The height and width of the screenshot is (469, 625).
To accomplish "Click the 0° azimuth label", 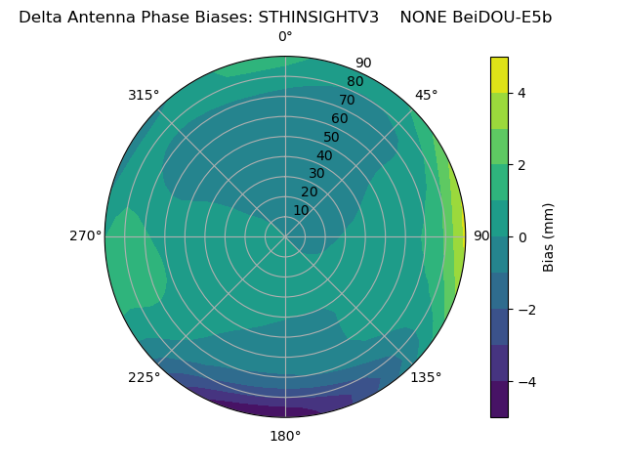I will tap(285, 37).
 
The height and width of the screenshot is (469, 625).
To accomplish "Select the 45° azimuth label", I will tap(427, 95).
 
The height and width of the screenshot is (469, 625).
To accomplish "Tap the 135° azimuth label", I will tap(426, 377).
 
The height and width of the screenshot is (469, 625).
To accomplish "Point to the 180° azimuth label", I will tap(285, 436).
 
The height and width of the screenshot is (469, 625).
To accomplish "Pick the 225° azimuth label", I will tap(144, 377).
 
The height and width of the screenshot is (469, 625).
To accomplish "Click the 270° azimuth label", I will tap(86, 235).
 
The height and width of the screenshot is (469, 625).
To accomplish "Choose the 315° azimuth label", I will tap(144, 95).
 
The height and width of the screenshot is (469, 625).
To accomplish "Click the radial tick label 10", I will tap(301, 210).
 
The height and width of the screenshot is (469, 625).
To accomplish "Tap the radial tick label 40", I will tap(324, 155).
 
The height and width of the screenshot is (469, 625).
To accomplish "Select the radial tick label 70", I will tap(348, 100).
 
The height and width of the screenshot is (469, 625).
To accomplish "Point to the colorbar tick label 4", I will tap(522, 93).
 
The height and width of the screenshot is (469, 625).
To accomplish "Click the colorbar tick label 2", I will tap(522, 165).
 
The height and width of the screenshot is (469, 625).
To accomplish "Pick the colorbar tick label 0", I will tap(522, 237).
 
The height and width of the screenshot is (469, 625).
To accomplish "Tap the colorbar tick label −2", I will tap(526, 310).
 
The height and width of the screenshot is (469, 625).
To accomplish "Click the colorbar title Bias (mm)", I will tap(549, 237).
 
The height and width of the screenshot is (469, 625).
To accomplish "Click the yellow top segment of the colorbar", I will tap(499, 74).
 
